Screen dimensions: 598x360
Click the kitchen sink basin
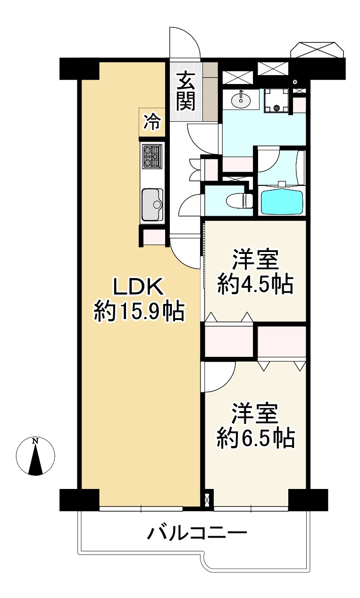[x=152, y=204]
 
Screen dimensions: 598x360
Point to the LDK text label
[x=137, y=287]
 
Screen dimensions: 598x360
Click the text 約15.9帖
[x=138, y=311]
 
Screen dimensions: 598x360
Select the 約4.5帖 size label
[x=255, y=284]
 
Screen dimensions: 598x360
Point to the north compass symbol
[x=35, y=457]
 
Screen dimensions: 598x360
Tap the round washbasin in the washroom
[x=242, y=99]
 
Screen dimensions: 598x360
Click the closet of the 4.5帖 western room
[x=229, y=340]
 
